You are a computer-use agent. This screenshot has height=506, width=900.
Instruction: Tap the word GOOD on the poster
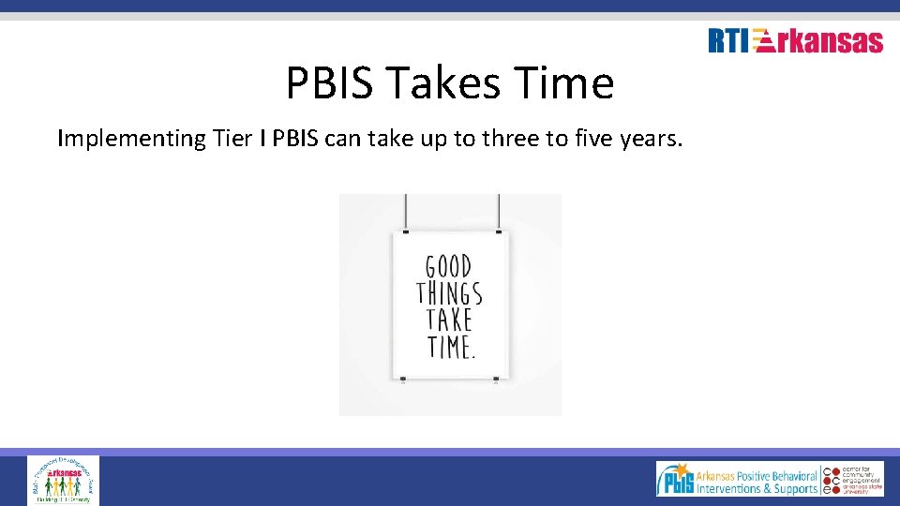(x=449, y=266)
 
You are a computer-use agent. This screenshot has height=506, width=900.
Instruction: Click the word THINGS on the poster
(x=449, y=293)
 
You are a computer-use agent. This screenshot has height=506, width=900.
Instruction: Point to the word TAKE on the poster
(x=449, y=320)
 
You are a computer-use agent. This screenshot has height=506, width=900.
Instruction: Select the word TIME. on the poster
(x=451, y=348)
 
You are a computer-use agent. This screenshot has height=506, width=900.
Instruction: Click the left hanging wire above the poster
(x=405, y=211)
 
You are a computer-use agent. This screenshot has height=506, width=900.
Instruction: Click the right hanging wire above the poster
(x=498, y=211)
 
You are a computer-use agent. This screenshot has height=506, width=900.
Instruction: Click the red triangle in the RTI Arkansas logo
(x=764, y=41)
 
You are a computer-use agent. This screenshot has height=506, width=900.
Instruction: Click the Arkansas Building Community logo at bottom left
(x=63, y=480)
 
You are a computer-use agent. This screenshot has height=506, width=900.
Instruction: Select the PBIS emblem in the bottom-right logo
(x=677, y=480)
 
